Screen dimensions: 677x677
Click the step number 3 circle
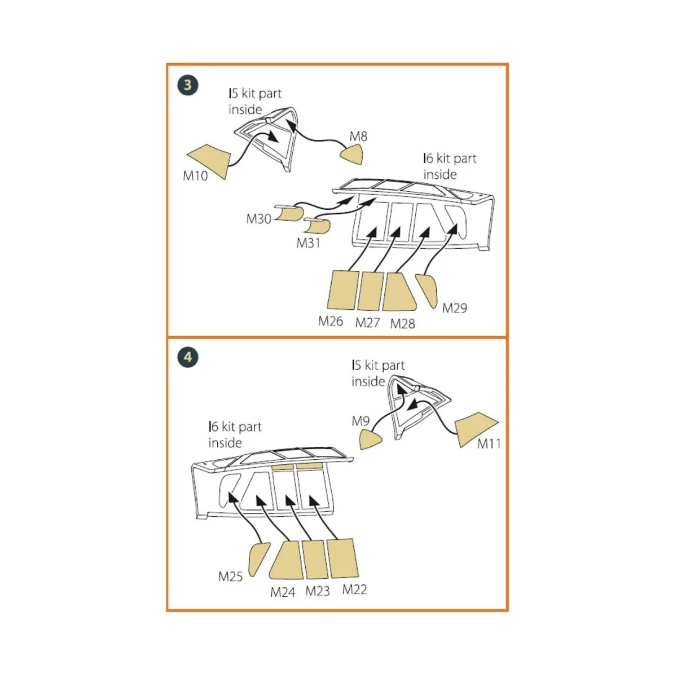tap(187, 86)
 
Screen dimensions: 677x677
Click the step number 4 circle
tap(188, 357)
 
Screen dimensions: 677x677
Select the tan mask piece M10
tap(209, 159)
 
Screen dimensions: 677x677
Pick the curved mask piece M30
tap(291, 213)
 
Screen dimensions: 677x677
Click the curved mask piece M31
tap(318, 226)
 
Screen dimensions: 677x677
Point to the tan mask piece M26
tap(342, 290)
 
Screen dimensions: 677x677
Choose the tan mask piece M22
tap(342, 558)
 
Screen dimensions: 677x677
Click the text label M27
tap(367, 323)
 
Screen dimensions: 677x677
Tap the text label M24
tap(283, 592)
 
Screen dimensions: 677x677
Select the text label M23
tap(318, 591)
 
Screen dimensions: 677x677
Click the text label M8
tap(358, 136)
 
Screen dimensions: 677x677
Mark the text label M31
tap(309, 243)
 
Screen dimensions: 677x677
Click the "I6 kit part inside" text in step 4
tap(235, 434)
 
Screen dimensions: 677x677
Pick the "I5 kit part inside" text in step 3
tap(254, 102)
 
